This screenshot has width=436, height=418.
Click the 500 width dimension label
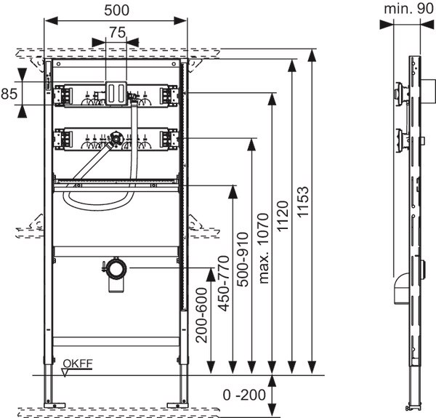(x=116, y=12)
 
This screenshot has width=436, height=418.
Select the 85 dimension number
(x=9, y=94)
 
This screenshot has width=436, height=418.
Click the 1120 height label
(x=283, y=211)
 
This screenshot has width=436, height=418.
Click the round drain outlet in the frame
(x=115, y=270)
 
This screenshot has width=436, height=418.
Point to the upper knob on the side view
(x=399, y=94)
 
